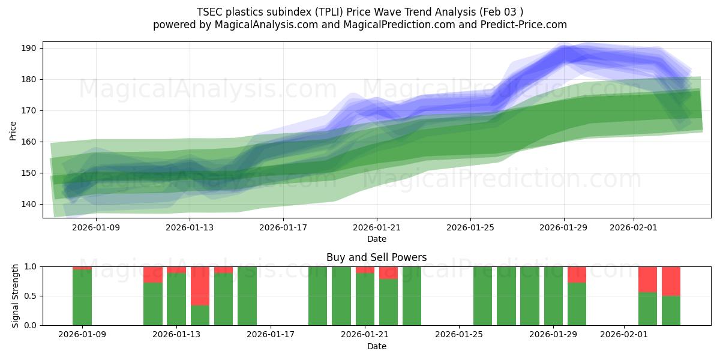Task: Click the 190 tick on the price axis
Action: coord(30,48)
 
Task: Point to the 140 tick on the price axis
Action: coord(30,204)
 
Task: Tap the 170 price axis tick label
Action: coord(30,110)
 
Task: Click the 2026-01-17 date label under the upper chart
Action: coord(283,227)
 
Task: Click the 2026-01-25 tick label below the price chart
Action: coord(470,227)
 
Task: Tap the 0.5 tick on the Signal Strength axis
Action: coord(30,296)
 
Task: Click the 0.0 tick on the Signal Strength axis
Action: coord(30,325)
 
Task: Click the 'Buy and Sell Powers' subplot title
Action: coord(376,257)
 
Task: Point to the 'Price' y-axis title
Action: coord(13,130)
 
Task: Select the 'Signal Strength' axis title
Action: coord(16,296)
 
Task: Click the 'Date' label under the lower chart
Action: coord(376,346)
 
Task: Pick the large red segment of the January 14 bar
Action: coord(200,286)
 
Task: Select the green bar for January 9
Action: coord(82,298)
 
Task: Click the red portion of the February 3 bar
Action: coord(671,281)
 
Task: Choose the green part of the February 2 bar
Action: coord(647,309)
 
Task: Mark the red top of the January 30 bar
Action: coord(577,274)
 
